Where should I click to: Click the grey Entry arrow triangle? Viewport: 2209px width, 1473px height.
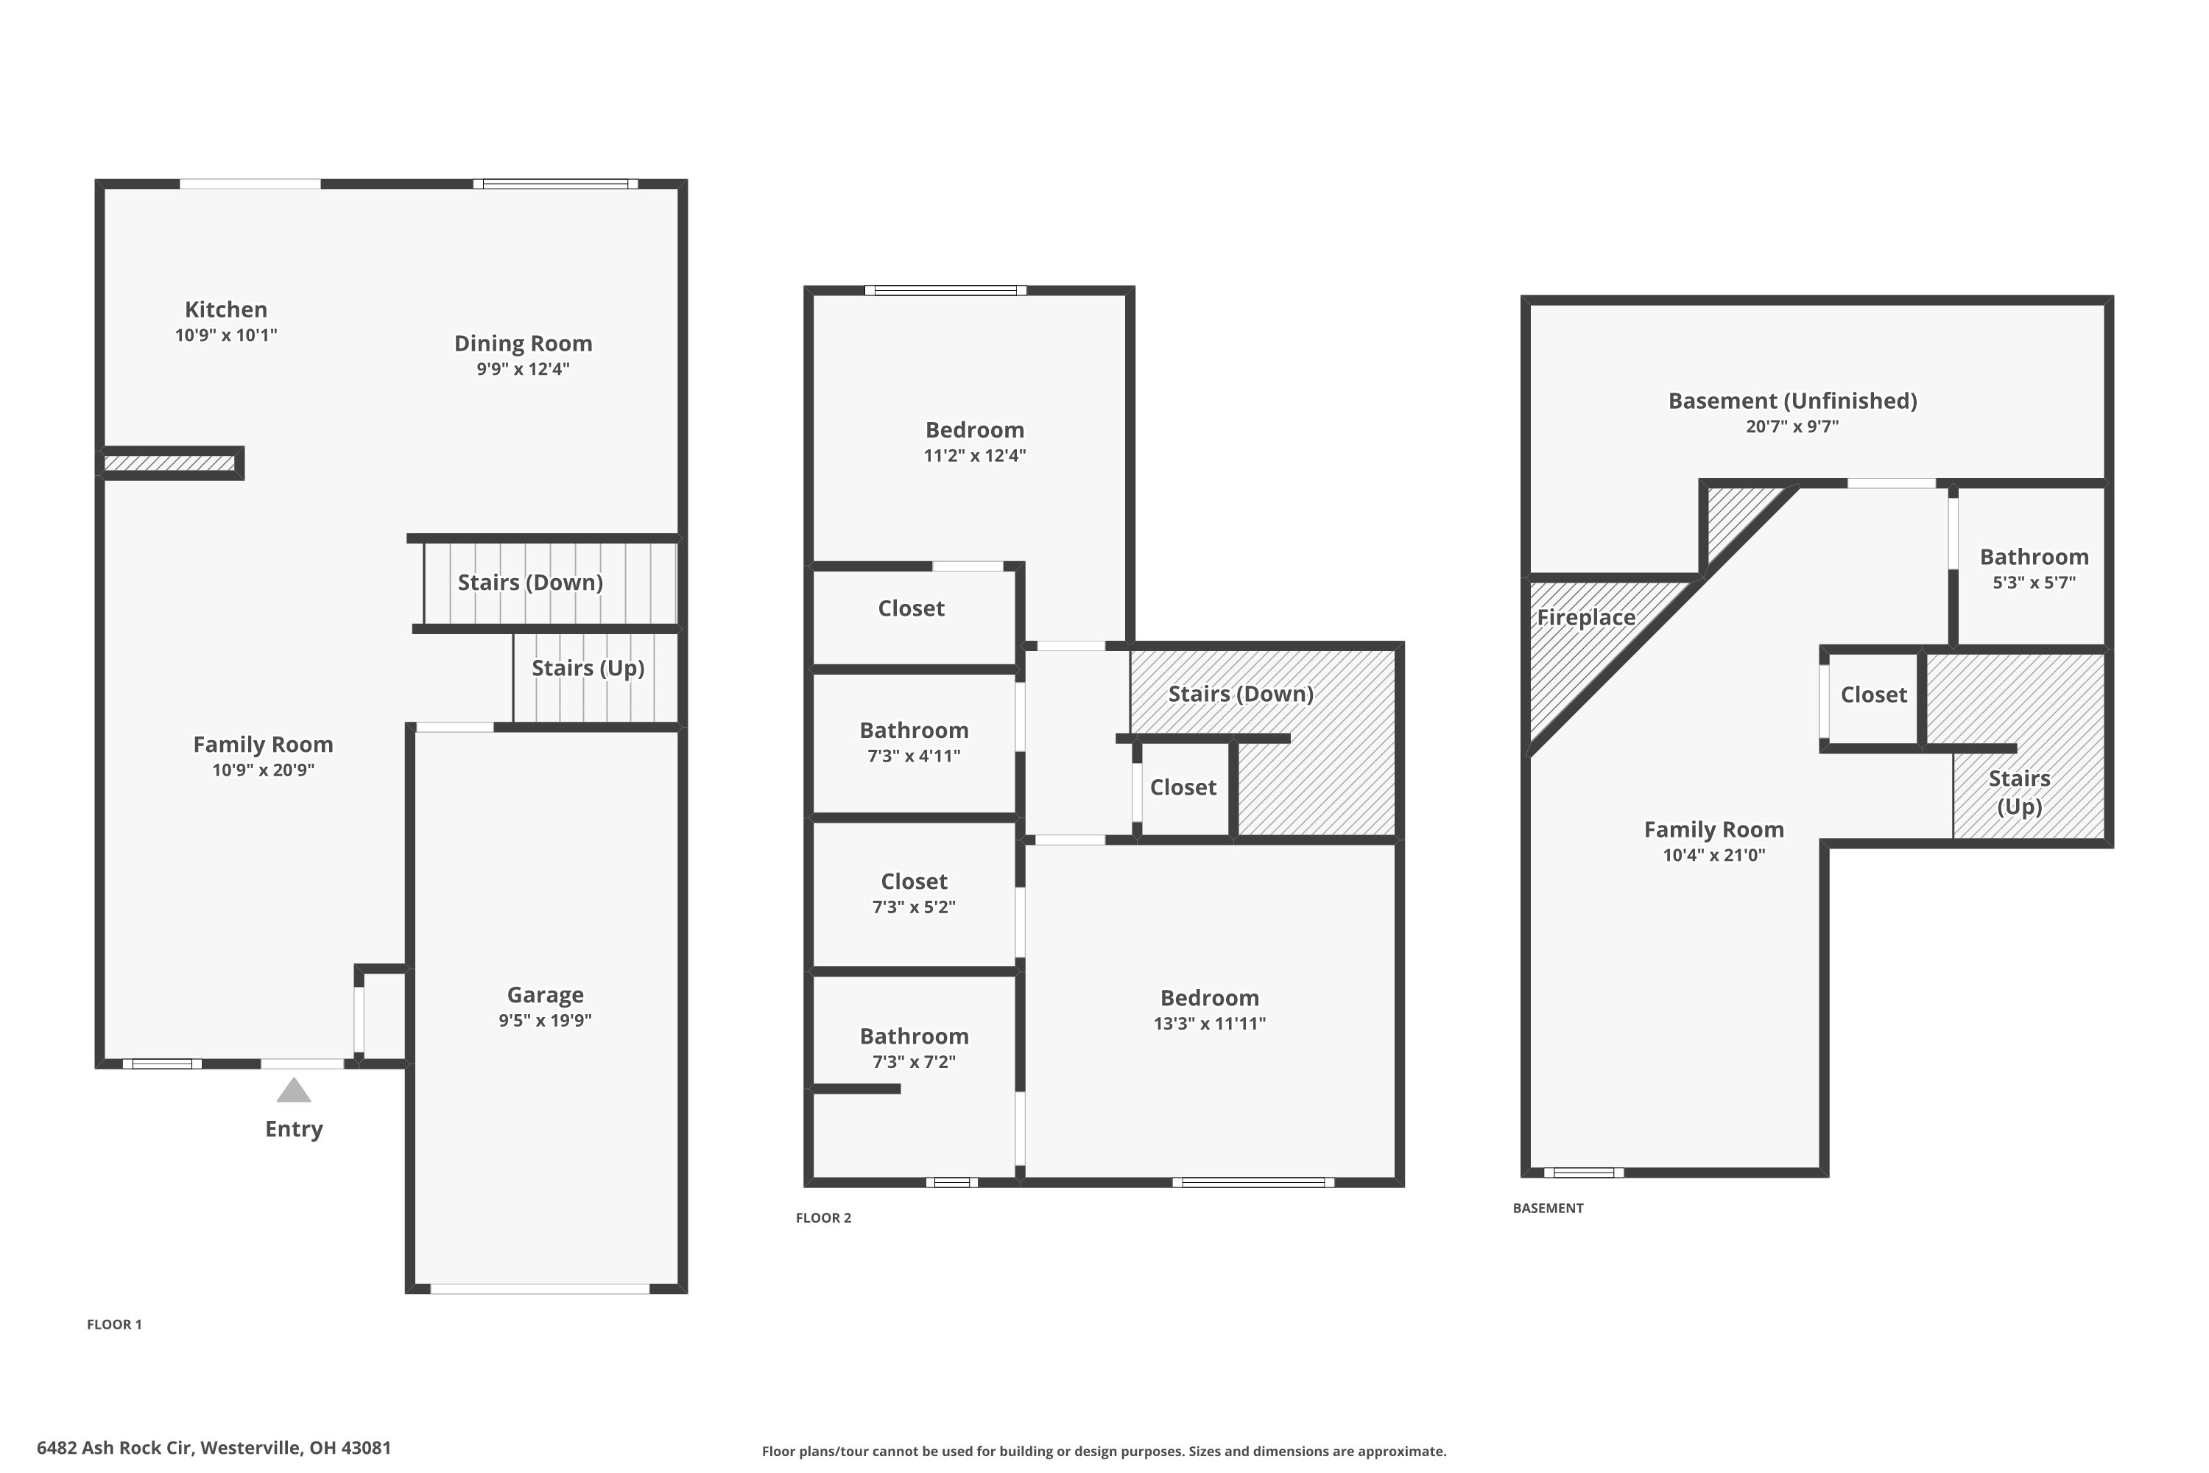click(294, 1091)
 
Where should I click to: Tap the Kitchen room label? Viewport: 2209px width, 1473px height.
click(225, 310)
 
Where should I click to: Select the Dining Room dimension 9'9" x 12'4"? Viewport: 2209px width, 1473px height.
click(522, 369)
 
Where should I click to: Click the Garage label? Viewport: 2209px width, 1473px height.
click(545, 995)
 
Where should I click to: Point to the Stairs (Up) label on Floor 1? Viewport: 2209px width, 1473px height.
click(588, 668)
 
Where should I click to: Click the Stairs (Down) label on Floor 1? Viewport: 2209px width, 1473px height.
click(529, 583)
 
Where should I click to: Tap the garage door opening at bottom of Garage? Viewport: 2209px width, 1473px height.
click(540, 1289)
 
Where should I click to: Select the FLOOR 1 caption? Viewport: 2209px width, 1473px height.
click(113, 1324)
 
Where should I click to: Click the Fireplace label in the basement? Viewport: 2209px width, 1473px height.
click(1585, 617)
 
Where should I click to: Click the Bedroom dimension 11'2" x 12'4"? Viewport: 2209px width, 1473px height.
click(974, 456)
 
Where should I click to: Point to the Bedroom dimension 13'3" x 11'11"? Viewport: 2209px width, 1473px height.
click(1209, 1024)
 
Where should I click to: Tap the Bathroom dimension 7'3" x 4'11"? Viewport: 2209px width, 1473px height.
click(913, 756)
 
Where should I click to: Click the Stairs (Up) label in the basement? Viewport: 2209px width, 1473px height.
click(2018, 792)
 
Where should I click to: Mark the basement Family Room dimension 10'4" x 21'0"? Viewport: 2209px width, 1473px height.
click(1713, 855)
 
